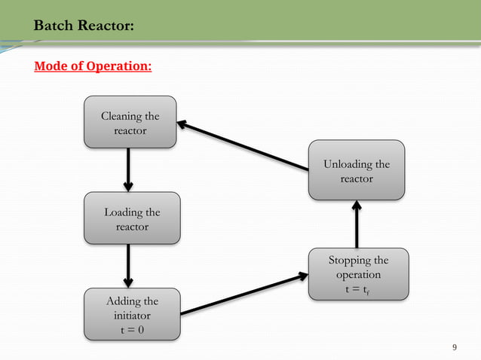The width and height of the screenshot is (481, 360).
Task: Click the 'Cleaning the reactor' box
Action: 130,122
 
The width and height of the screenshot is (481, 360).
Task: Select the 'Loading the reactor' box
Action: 132,219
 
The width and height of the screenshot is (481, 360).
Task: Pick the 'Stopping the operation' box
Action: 358,275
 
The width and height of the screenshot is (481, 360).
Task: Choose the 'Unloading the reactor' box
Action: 356,171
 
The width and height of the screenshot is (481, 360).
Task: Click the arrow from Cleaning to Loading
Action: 128,169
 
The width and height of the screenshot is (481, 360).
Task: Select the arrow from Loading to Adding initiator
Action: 128,266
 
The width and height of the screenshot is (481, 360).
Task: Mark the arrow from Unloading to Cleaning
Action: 243,148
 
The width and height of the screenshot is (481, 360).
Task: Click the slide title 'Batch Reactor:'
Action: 84,26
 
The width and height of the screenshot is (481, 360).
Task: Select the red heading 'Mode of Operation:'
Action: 93,67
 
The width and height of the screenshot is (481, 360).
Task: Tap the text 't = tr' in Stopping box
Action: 358,289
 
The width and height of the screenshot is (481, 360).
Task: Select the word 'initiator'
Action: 132,316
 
